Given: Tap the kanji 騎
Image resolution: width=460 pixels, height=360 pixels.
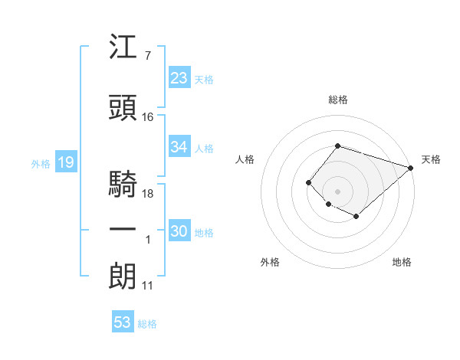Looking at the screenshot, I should point(123,185).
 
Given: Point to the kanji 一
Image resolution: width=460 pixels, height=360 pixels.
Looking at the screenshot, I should point(123,230).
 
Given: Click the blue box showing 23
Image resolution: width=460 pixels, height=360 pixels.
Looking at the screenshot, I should point(179,78).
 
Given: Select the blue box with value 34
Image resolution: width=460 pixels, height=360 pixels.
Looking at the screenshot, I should point(179,147).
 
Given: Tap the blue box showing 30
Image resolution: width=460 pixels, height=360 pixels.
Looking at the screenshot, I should point(179,231).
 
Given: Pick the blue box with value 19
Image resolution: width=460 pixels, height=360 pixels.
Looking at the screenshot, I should point(65,162).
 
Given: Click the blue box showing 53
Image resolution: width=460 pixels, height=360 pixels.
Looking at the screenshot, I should point(123,322).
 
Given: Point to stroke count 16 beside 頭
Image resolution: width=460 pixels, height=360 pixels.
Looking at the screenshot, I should point(148,117).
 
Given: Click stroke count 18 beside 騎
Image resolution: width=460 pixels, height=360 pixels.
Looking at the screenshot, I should point(148,194).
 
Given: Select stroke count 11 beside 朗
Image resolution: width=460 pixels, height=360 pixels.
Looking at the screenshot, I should point(148,286).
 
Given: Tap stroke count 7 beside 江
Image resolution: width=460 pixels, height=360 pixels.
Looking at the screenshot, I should point(147,56).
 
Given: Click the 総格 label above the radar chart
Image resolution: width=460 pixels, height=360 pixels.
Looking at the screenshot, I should point(338,100).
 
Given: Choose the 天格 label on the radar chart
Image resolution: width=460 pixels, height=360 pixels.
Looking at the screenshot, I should point(431,159).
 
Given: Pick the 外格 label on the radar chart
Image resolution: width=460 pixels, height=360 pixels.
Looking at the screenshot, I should point(270,262).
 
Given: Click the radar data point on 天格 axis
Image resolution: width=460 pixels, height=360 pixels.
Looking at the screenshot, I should point(411,168).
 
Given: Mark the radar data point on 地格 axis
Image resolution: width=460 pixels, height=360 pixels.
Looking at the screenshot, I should point(356,217).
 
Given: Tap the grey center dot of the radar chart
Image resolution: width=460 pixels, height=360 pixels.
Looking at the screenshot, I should point(337,191).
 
